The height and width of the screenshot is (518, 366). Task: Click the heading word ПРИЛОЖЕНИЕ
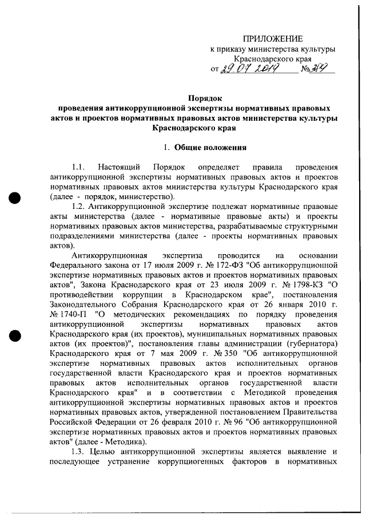pos(272,39)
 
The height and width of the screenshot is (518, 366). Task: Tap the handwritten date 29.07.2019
pos(250,70)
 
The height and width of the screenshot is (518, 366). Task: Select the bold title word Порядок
pos(205,97)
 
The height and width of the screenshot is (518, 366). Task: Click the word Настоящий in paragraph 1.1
pos(119,167)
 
